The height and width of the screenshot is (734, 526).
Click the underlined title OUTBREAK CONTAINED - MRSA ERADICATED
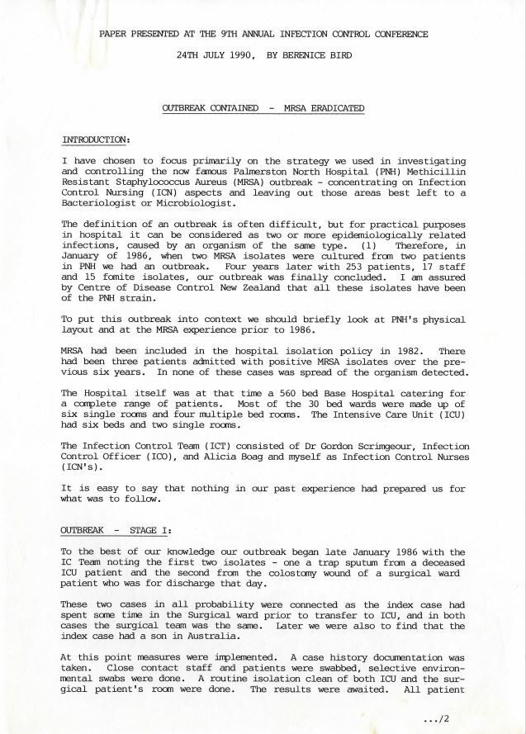click(263, 108)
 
